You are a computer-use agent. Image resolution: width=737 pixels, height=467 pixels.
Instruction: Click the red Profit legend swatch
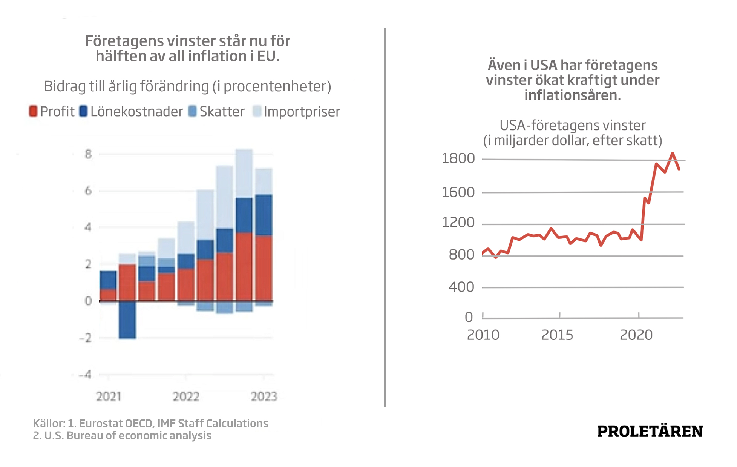(33, 112)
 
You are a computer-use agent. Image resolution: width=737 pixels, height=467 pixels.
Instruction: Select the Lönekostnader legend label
(136, 112)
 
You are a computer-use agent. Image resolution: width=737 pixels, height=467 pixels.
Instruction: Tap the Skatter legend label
(222, 112)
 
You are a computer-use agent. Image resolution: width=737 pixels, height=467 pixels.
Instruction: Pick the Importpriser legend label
(302, 112)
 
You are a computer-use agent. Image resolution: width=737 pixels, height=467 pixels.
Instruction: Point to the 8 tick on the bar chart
(88, 154)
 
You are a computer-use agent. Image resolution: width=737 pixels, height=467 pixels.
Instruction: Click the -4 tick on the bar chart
(86, 375)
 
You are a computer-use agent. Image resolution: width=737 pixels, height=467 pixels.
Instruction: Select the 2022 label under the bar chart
(186, 396)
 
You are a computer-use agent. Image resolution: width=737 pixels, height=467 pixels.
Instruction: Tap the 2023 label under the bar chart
(264, 396)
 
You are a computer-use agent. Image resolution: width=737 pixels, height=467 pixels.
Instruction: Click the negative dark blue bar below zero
(127, 320)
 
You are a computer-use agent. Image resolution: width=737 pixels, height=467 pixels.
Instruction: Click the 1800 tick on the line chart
(458, 158)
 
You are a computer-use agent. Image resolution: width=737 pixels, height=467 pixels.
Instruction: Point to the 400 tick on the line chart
(461, 287)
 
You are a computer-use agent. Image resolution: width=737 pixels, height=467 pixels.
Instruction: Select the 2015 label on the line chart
(557, 335)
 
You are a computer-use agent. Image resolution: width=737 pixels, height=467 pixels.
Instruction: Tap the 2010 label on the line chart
(483, 335)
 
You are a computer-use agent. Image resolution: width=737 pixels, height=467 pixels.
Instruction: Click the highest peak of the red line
(673, 154)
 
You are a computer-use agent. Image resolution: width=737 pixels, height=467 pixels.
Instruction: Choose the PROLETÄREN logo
(650, 432)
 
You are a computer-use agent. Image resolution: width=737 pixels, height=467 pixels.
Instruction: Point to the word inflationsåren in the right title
(572, 95)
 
